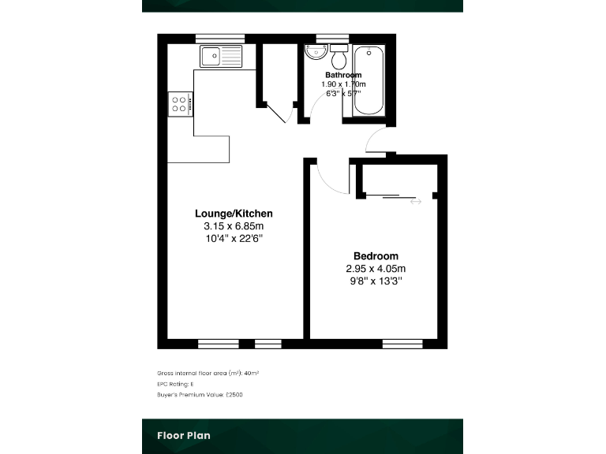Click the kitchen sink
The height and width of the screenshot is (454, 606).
[x=221, y=56]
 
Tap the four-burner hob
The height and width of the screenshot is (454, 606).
[x=179, y=105]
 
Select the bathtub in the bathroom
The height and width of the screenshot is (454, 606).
[x=369, y=83]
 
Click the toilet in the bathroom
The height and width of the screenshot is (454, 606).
[x=340, y=58]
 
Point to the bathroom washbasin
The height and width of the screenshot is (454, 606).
[x=315, y=53]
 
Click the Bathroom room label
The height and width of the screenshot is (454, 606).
[x=343, y=75]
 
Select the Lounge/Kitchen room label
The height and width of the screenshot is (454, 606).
[x=234, y=214]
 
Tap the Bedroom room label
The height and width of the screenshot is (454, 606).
[x=376, y=256]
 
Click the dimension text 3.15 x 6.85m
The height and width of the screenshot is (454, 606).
[x=234, y=226]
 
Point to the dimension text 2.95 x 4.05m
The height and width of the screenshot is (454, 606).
[x=376, y=269]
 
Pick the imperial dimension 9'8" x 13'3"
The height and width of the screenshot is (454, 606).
[x=376, y=281]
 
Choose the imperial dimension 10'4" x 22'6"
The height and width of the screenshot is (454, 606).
[x=234, y=238]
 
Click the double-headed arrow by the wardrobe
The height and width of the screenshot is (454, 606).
[x=416, y=202]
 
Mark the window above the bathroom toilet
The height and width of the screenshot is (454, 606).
[x=332, y=38]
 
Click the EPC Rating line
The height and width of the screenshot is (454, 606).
[x=176, y=383]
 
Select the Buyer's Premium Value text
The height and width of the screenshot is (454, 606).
[x=200, y=394]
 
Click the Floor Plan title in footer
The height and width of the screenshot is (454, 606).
[x=184, y=435]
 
